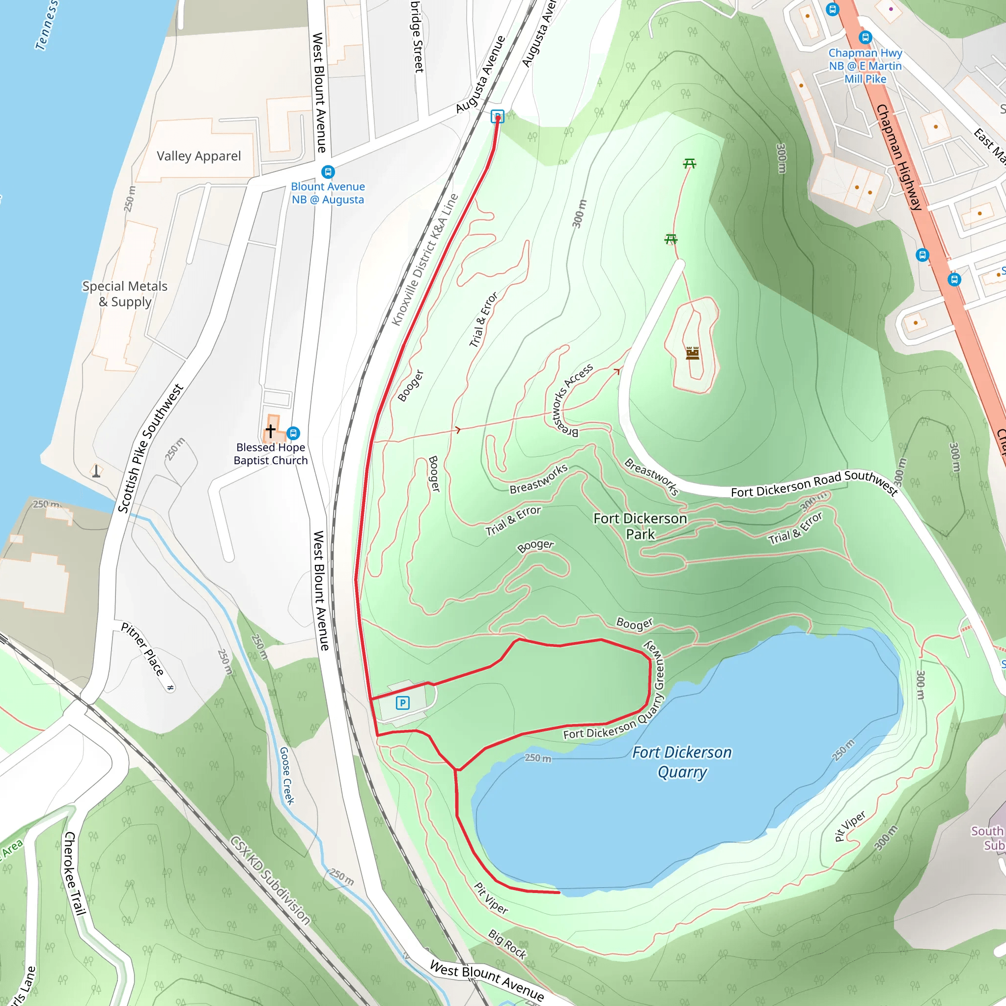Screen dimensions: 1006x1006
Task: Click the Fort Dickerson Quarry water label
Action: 682,762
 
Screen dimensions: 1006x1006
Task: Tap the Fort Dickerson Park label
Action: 640,527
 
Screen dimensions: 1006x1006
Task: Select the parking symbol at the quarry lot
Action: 402,703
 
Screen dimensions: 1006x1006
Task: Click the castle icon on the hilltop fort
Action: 693,353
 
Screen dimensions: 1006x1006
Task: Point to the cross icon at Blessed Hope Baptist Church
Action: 271,431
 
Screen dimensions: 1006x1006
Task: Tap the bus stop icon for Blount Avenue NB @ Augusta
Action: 328,172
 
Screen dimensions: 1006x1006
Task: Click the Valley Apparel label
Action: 199,156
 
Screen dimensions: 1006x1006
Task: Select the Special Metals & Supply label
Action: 125,294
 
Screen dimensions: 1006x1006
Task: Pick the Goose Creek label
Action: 287,776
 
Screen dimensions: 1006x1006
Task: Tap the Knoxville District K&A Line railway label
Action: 425,260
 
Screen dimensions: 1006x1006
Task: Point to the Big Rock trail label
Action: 507,944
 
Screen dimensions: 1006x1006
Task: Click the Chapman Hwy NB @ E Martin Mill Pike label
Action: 865,66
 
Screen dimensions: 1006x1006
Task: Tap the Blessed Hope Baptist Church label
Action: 271,453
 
